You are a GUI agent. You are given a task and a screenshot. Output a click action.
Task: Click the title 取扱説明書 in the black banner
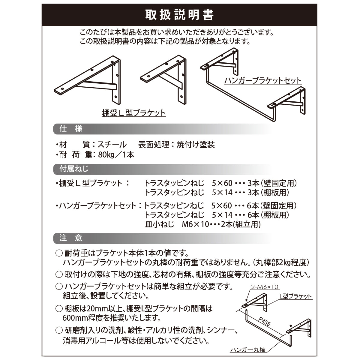(179, 15)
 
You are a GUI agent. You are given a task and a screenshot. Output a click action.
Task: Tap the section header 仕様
(71, 129)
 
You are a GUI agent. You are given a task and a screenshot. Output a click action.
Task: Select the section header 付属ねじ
(74, 169)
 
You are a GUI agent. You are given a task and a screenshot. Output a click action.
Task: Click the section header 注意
(71, 238)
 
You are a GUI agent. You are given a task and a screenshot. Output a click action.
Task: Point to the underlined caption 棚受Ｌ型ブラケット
(134, 113)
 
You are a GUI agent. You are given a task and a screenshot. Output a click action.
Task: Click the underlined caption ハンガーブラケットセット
(263, 81)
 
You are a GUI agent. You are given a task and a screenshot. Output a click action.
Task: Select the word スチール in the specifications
(112, 145)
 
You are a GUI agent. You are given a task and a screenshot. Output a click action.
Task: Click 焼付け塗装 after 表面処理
(196, 145)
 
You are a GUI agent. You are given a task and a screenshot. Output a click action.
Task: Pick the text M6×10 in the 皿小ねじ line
(195, 224)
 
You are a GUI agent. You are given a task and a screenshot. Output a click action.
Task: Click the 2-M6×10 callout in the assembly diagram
(265, 287)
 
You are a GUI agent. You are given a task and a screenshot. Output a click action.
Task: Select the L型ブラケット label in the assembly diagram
(295, 296)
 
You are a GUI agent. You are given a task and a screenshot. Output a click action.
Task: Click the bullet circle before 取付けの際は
(59, 274)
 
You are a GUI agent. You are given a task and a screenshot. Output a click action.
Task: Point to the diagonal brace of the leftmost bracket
(96, 85)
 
